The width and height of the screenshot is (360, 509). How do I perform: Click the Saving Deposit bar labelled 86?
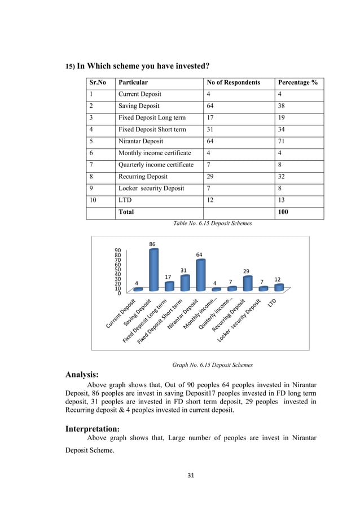tap(153, 270)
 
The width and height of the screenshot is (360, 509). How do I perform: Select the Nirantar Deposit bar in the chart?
tap(200, 275)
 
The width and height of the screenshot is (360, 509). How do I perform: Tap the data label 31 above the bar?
tap(183, 270)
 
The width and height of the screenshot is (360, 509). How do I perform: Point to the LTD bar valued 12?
tap(278, 287)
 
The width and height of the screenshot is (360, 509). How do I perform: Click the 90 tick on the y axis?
tap(117, 250)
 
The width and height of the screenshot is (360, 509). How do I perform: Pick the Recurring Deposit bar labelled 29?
tap(247, 283)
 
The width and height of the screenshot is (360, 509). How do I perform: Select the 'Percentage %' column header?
tap(297, 82)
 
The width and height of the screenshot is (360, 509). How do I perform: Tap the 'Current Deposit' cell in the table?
tap(139, 94)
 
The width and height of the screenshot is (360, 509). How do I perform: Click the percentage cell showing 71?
tap(282, 141)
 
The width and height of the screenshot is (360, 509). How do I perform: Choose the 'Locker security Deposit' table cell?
tap(151, 188)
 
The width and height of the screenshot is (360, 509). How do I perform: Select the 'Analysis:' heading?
tap(82, 374)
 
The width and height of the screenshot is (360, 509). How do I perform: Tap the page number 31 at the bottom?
tap(191, 476)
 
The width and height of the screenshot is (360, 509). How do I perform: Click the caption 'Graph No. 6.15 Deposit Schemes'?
tap(212, 365)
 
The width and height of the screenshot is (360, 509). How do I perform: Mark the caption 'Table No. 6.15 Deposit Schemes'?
tap(212, 223)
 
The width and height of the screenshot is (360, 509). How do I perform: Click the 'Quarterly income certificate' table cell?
tap(156, 165)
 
